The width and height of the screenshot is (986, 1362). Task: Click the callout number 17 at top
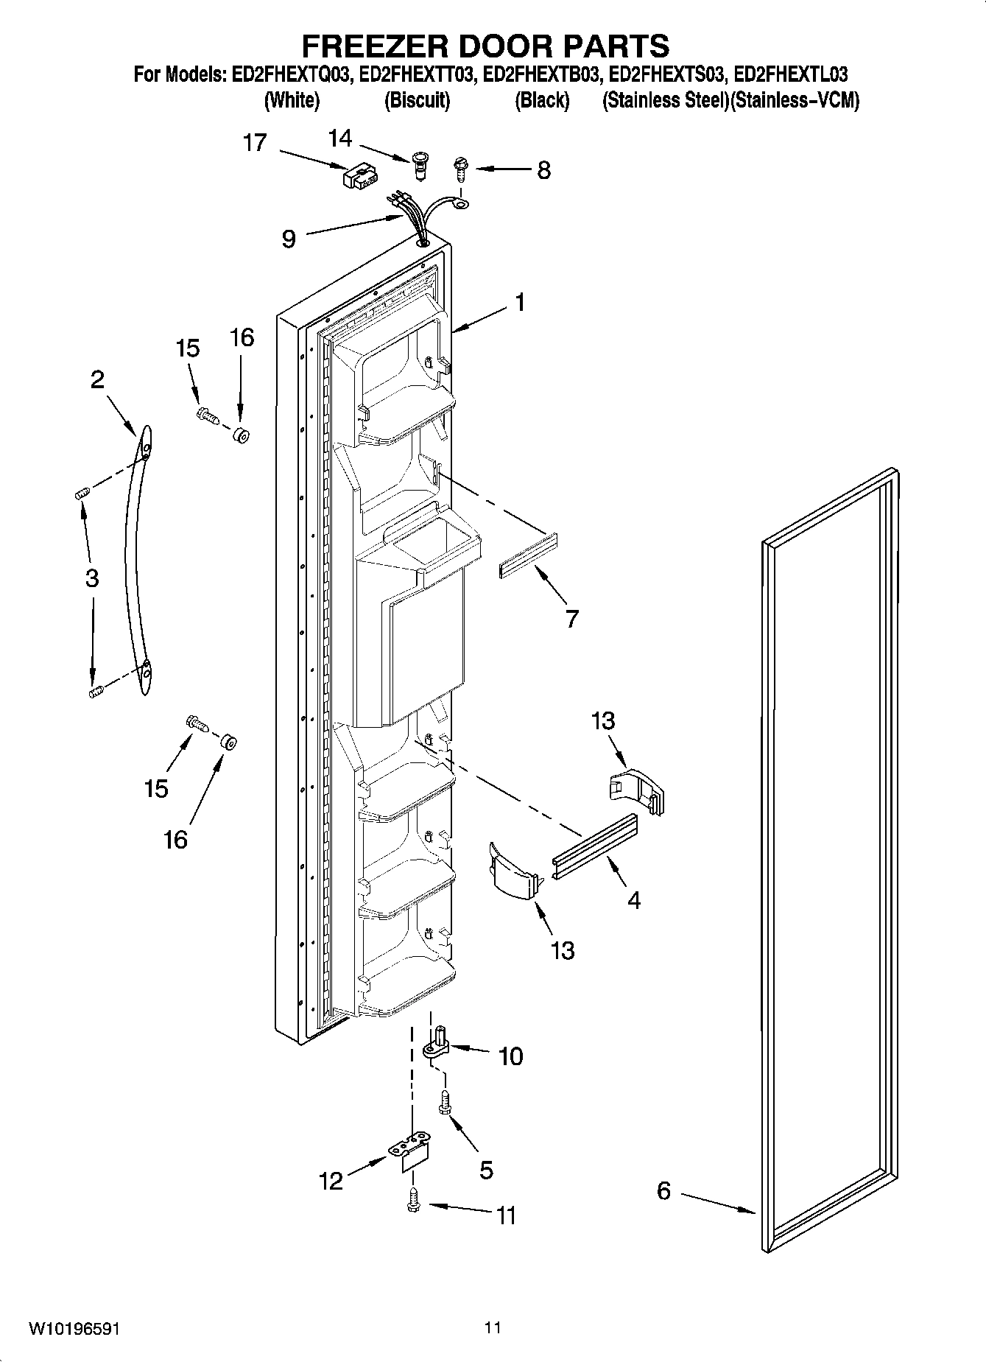pyautogui.click(x=255, y=142)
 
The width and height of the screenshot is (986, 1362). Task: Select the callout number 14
pyautogui.click(x=340, y=138)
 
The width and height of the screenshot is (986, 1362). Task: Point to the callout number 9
pyautogui.click(x=289, y=239)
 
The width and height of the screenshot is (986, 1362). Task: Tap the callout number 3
pyautogui.click(x=91, y=578)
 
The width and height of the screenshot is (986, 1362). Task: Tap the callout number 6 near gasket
pyautogui.click(x=663, y=1190)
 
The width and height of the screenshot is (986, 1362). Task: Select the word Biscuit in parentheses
pyautogui.click(x=417, y=101)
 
